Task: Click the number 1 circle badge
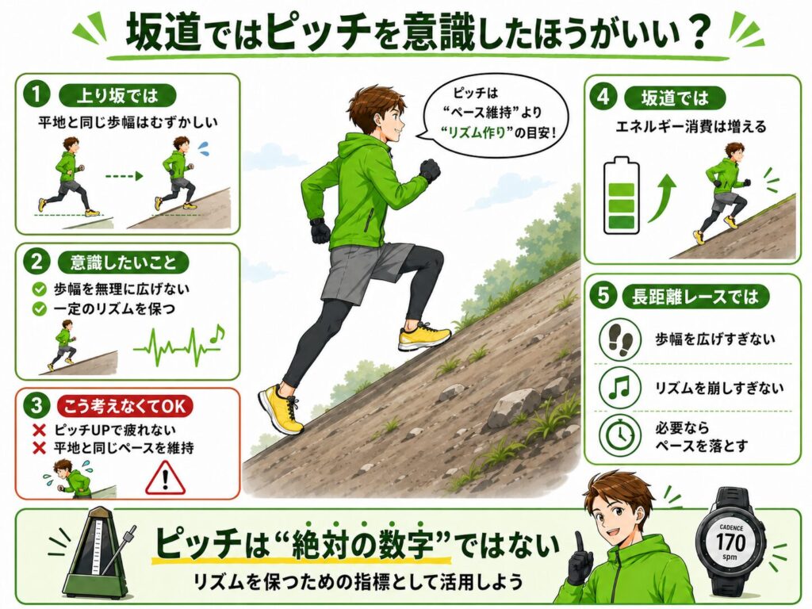tap(36, 95)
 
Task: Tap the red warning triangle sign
tap(165, 477)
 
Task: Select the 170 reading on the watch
tap(731, 542)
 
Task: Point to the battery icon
tap(622, 196)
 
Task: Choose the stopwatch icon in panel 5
tap(620, 435)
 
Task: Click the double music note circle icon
tap(620, 387)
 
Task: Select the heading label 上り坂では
tap(117, 96)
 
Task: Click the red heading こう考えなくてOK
tap(124, 406)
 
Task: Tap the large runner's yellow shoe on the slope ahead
tap(424, 336)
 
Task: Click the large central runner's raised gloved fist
tap(429, 170)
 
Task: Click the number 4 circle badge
tap(603, 97)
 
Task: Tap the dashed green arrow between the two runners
tap(124, 176)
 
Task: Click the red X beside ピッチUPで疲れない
tap(40, 431)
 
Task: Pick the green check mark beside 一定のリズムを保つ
tap(40, 309)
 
